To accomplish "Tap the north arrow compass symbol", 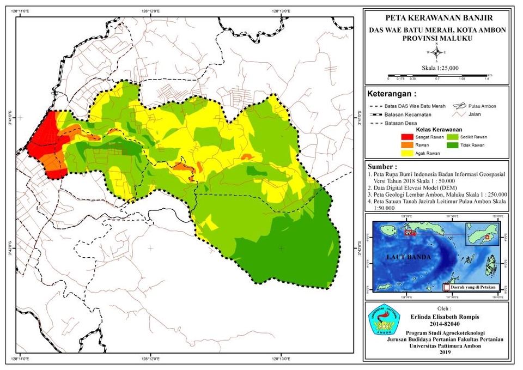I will (436, 52).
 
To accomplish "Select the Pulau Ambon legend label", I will (484, 106).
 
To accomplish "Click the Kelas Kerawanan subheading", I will (439, 130).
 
